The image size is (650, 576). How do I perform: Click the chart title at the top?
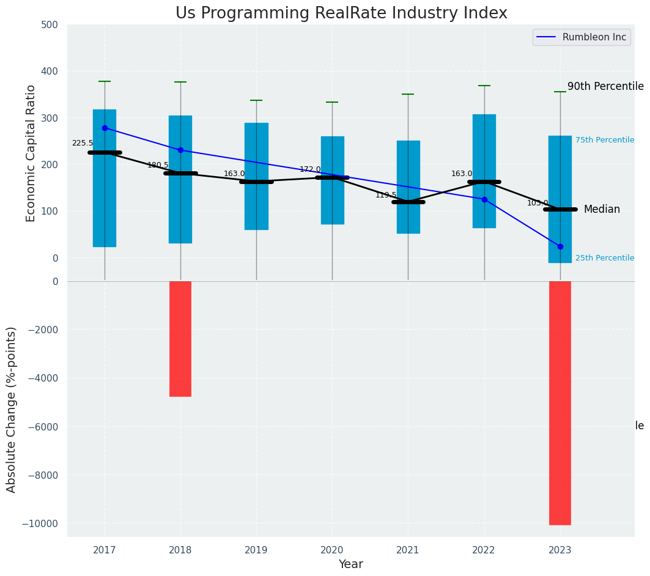[x=341, y=13]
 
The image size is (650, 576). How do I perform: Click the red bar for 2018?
[x=180, y=339]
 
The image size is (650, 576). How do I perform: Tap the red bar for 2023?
[x=560, y=402]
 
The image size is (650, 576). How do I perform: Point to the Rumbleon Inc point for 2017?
[x=105, y=128]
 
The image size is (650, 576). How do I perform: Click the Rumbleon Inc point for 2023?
[x=560, y=246]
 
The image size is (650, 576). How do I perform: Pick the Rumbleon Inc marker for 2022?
[x=484, y=199]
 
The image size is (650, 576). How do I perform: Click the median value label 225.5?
[x=83, y=143]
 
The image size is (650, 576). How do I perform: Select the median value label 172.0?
[x=310, y=169]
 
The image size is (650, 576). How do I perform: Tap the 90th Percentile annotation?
[x=605, y=86]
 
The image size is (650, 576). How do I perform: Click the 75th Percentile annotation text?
[x=605, y=140]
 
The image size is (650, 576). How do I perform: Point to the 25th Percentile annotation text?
[x=605, y=258]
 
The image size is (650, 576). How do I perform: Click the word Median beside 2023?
[x=602, y=209]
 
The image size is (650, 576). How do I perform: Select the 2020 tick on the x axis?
[x=332, y=550]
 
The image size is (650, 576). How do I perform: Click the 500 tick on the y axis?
[x=50, y=25]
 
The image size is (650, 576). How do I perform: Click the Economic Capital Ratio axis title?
[x=31, y=153]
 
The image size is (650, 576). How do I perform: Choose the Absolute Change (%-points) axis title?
[x=12, y=409]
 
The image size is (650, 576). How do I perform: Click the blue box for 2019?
[x=256, y=176]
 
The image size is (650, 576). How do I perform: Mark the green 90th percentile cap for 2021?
[x=408, y=94]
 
